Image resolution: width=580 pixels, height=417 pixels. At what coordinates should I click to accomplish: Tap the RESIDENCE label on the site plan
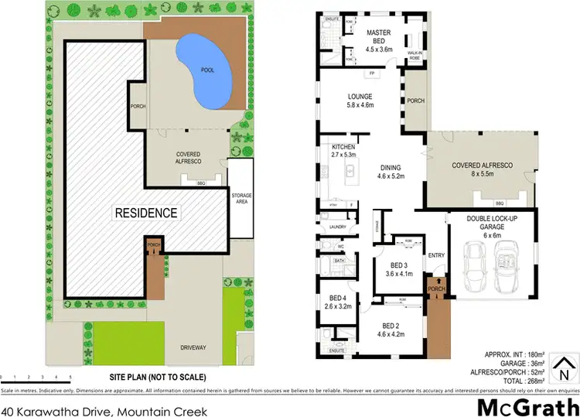point(146,212)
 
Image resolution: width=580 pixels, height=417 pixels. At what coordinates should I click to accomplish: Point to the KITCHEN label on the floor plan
point(343,151)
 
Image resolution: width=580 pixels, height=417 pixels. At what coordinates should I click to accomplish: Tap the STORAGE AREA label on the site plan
point(241,199)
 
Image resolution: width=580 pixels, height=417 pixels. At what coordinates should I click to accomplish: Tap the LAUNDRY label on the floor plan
point(337,227)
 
